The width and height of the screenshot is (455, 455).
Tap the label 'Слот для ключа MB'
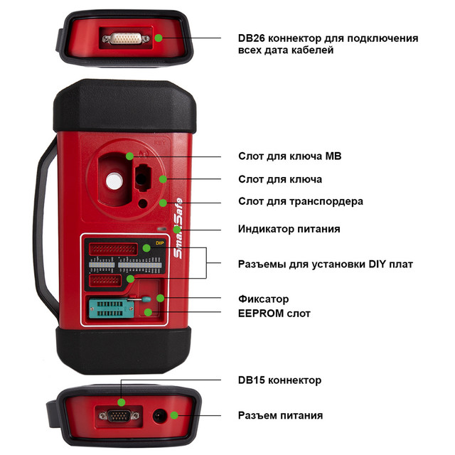[x=284, y=156]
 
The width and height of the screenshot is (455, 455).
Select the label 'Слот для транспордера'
[x=300, y=201]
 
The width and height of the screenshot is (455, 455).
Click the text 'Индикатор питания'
[x=288, y=229]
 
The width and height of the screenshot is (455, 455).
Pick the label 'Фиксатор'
[x=263, y=299]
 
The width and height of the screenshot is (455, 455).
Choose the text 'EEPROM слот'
[x=274, y=313]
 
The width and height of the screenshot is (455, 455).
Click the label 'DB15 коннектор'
[x=279, y=380]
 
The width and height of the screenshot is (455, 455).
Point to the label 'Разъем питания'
[x=280, y=415]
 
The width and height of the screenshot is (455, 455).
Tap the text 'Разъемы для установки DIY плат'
[x=325, y=264]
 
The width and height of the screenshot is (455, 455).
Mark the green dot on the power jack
[x=174, y=417]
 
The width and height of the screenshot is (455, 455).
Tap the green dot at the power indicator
[x=176, y=230]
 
